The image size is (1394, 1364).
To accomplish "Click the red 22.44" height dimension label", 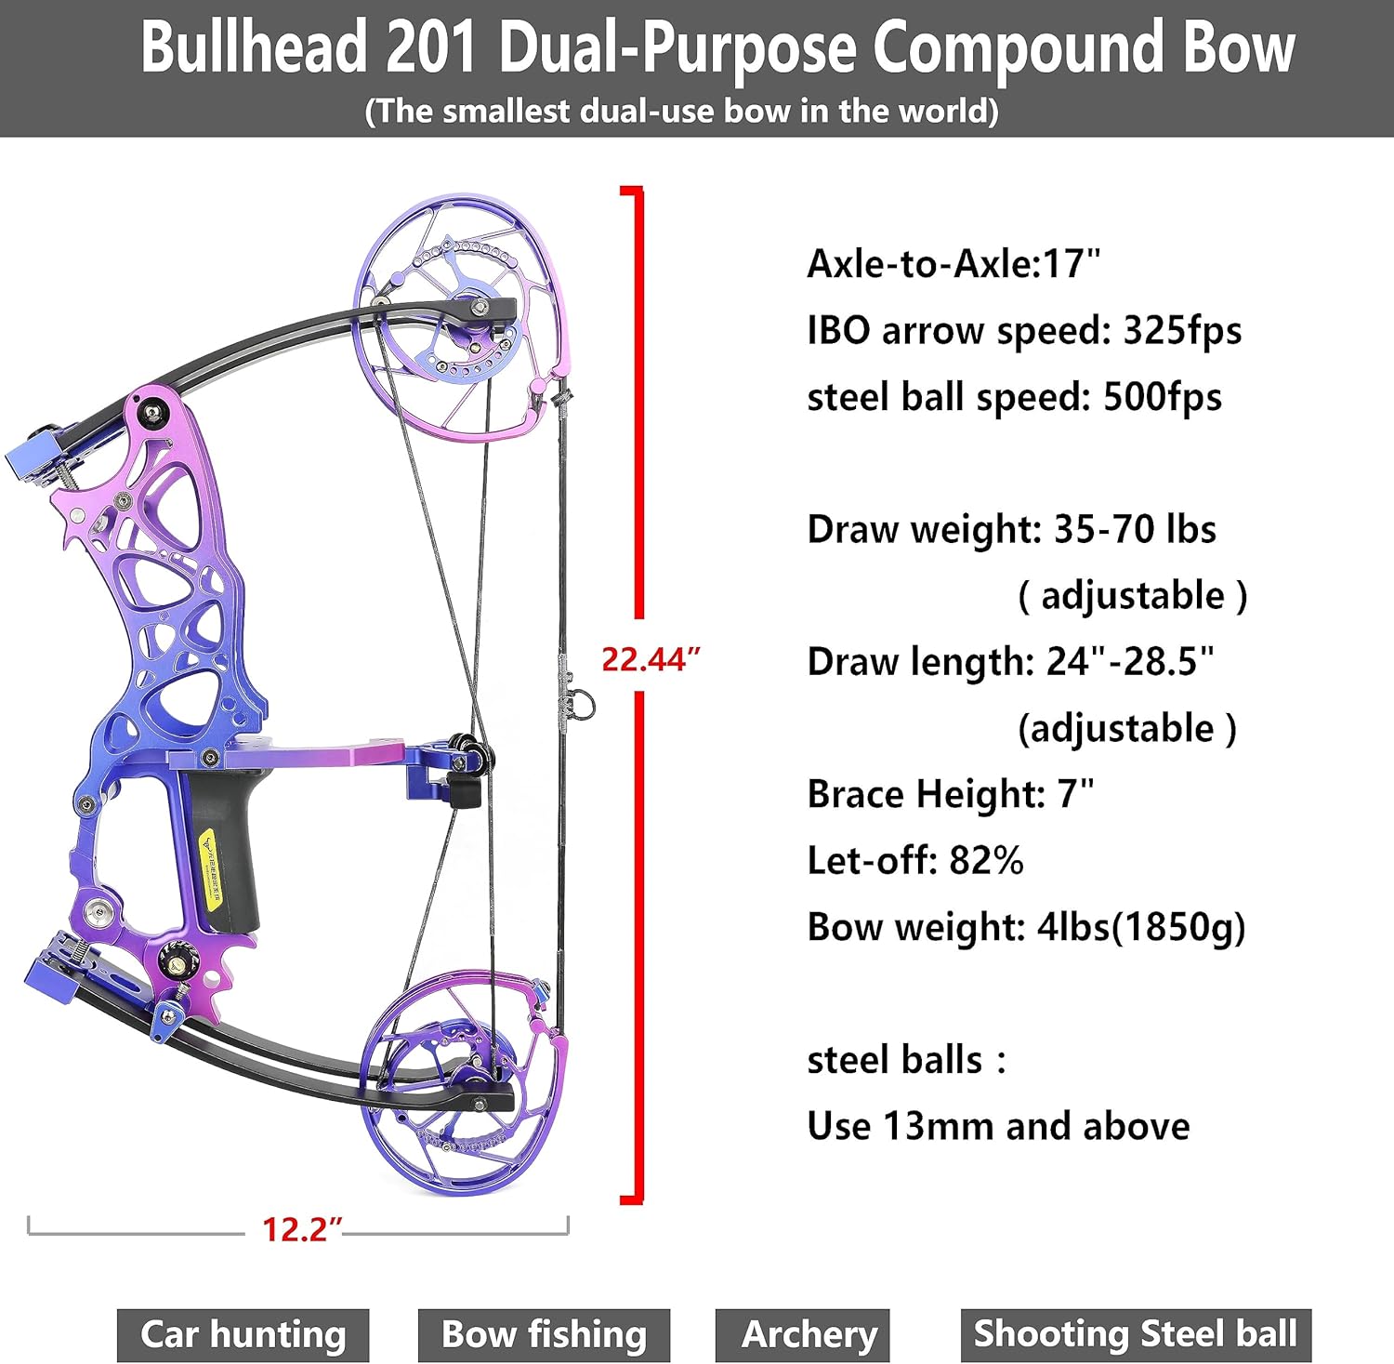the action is [x=650, y=658].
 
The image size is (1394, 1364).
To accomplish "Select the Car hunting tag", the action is [x=243, y=1335].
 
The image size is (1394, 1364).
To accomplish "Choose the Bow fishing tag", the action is [x=544, y=1335].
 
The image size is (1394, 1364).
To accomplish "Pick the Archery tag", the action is [x=809, y=1335].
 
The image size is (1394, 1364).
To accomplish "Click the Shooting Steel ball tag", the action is [x=1135, y=1335].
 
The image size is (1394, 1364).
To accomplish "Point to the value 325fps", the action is [x=1182, y=330].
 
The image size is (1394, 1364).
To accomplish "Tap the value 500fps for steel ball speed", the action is [x=1162, y=397].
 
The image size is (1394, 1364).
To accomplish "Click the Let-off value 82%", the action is [x=986, y=860].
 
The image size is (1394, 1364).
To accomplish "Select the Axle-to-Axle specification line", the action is [x=953, y=264].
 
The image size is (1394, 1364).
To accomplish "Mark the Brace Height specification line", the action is [x=950, y=794].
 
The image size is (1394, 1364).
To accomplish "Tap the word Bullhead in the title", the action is [x=254, y=48].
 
